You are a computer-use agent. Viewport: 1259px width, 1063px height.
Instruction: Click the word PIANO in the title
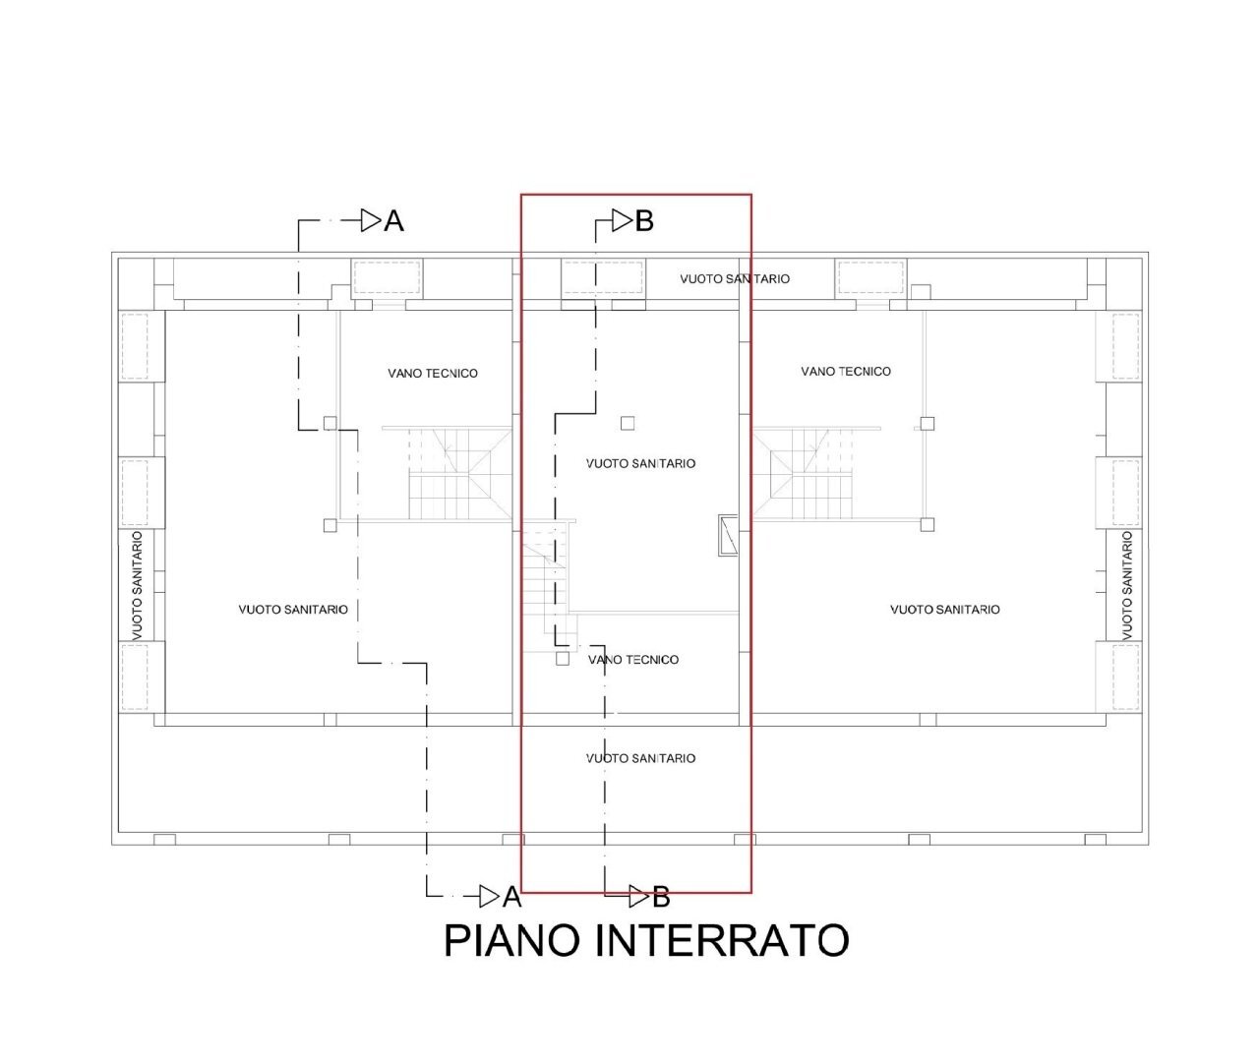(511, 941)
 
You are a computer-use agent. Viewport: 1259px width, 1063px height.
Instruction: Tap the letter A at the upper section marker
(393, 221)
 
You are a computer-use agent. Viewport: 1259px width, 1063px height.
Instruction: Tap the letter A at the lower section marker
(511, 897)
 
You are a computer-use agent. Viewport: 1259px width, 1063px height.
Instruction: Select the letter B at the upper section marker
(644, 221)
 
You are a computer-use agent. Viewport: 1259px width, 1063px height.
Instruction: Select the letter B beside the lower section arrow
(661, 897)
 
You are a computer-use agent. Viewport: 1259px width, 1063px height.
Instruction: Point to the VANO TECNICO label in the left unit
(433, 374)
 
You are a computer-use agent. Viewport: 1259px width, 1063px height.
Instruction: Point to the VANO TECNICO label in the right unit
(846, 372)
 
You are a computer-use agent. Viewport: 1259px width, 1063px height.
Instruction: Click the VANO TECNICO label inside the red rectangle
(633, 660)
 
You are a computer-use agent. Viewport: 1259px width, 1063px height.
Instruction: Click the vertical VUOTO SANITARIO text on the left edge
(138, 586)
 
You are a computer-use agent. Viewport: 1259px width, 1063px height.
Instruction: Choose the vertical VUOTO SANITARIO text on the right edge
(1127, 586)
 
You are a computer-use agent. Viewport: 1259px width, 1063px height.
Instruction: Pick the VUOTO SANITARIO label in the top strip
(735, 279)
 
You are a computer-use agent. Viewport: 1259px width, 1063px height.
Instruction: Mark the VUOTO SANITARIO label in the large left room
(293, 610)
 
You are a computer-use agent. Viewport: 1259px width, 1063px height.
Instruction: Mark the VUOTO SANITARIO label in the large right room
(945, 610)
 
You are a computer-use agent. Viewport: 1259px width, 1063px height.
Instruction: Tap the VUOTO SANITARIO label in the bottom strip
(640, 758)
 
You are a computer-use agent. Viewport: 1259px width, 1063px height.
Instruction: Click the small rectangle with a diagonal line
(728, 535)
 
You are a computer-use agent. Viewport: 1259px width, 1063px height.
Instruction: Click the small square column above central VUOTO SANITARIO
(628, 423)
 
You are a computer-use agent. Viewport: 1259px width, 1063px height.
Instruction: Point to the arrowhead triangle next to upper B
(621, 221)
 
